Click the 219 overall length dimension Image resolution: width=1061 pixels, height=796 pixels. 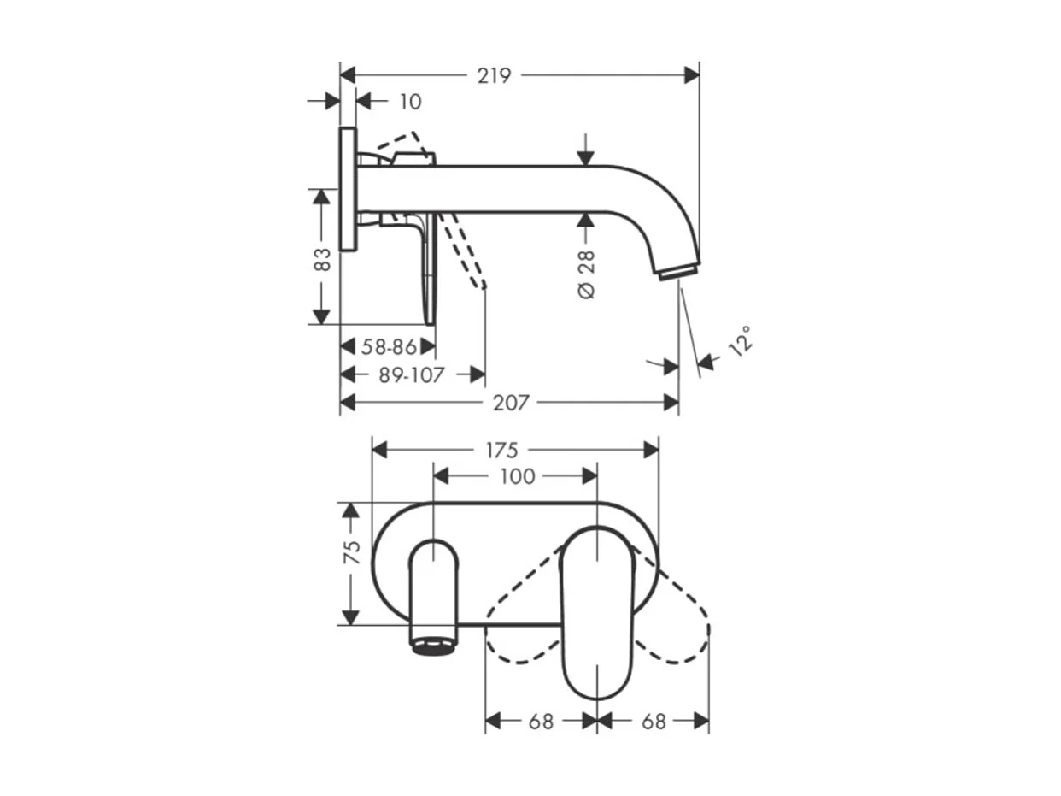point(494,75)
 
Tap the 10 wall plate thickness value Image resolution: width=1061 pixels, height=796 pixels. point(410,102)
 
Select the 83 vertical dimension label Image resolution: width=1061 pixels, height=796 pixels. point(322,258)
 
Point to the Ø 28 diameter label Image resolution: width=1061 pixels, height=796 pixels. point(587,274)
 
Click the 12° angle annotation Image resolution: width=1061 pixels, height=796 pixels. point(741,340)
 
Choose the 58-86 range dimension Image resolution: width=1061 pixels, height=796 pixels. point(388,347)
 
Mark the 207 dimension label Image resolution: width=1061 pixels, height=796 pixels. point(511,402)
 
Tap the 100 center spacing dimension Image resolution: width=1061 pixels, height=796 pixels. point(516,476)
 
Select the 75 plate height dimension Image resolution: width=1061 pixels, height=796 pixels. point(351,551)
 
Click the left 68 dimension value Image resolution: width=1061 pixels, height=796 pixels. point(541,722)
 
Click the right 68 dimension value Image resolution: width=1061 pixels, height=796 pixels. point(654,722)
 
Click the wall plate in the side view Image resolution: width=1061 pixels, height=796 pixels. point(347,189)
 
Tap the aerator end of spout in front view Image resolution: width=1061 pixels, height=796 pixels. point(434,645)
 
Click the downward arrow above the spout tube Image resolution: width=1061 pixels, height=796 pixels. point(585,150)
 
